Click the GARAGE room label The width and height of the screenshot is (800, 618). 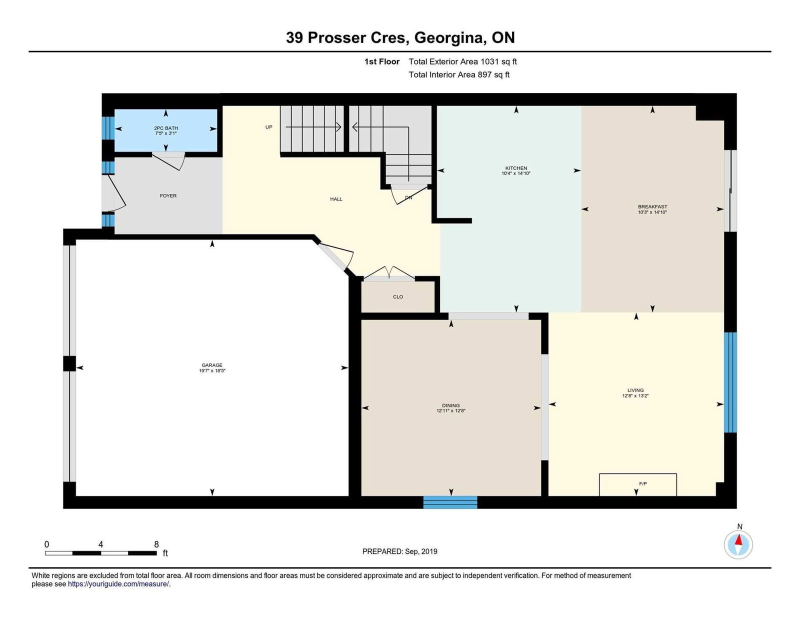click(211, 365)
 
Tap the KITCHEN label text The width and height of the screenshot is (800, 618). click(516, 168)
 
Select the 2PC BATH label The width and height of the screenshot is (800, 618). click(166, 128)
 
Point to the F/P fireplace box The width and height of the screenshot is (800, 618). click(638, 484)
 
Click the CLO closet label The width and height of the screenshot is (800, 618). click(398, 296)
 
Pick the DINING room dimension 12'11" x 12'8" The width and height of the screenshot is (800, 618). click(451, 411)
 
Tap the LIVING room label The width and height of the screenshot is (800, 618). click(635, 390)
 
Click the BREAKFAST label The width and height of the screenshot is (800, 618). click(652, 207)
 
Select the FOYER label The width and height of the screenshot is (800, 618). click(168, 196)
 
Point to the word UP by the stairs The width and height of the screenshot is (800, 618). click(269, 127)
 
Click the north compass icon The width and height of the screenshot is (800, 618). click(738, 545)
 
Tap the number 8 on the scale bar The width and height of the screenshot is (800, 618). click(156, 544)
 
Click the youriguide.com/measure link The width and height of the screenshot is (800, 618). click(118, 584)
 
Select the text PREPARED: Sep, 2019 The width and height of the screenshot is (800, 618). click(400, 551)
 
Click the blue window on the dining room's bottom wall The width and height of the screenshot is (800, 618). click(450, 502)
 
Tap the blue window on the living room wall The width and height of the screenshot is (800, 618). click(730, 382)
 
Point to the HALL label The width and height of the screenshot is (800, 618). click(336, 199)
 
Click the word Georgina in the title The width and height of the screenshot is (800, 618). click(449, 38)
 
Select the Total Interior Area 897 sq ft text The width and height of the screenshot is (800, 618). click(459, 74)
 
